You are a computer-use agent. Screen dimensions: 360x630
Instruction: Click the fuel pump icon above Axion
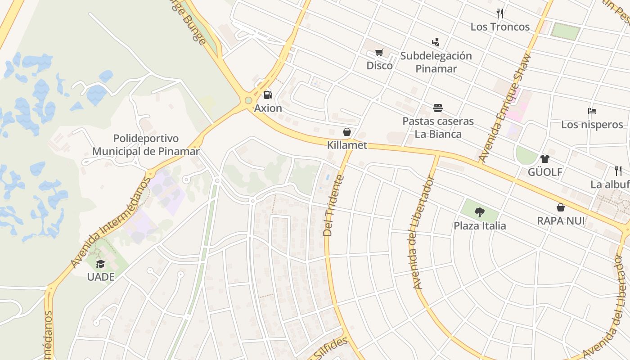tap(268, 94)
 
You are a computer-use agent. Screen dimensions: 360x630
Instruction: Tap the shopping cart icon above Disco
tap(379, 53)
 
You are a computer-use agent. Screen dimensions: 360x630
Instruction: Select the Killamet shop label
tap(347, 145)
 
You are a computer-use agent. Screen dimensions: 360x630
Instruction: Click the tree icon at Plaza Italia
tap(480, 212)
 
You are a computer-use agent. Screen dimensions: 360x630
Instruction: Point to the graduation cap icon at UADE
tap(100, 264)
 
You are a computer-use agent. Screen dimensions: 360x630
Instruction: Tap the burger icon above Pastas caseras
tap(438, 108)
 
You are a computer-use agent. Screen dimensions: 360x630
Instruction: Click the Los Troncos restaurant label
tap(500, 27)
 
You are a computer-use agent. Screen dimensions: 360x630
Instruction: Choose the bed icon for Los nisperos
tap(592, 111)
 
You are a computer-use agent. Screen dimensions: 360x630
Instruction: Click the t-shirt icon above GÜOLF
tap(545, 158)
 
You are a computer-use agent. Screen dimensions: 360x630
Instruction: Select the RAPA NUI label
tap(561, 221)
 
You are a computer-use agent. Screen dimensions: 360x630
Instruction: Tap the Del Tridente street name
tap(333, 206)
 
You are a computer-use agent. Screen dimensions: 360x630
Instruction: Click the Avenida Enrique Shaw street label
tap(505, 108)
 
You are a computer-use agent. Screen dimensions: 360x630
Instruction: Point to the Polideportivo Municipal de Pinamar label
tap(146, 145)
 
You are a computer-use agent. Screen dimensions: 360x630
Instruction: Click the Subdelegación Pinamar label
tap(436, 62)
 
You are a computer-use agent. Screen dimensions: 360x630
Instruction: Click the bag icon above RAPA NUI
tap(561, 207)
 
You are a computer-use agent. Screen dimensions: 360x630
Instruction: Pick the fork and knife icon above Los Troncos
tap(499, 13)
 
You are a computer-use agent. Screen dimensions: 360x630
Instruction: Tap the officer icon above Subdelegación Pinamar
tap(435, 43)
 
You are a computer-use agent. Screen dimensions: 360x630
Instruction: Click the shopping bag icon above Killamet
tap(346, 132)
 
